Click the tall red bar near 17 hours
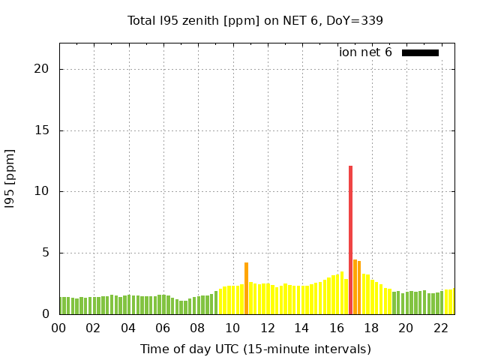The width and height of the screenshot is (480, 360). click(350, 240)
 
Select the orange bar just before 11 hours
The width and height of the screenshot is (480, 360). click(246, 288)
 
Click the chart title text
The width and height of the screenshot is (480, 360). click(255, 20)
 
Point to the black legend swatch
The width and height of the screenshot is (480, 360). click(420, 52)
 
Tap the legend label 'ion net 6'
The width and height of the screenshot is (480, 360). click(365, 52)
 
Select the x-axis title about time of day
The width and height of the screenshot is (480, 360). click(255, 349)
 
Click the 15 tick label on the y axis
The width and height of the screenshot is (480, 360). click(42, 130)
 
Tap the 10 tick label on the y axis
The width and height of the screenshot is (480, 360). click(42, 191)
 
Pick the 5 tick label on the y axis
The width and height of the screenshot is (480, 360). click(45, 253)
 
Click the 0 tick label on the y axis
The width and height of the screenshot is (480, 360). click(45, 314)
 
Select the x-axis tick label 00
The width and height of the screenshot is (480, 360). click(58, 328)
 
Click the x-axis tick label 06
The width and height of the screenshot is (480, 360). click(163, 328)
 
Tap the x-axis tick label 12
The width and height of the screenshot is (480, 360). click(267, 328)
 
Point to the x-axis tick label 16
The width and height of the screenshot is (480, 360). click(336, 328)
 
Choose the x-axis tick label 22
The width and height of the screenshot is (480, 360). click(440, 328)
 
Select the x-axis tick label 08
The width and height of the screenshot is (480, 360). click(197, 328)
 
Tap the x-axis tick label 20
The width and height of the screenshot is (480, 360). click(406, 328)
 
